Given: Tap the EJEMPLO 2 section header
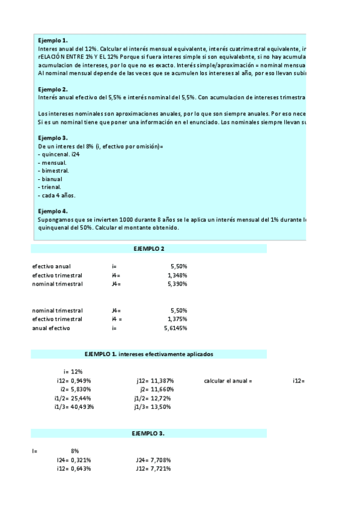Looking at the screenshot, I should tap(148, 248).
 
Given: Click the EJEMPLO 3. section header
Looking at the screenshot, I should tap(148, 434).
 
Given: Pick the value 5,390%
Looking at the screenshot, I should tap(176, 283).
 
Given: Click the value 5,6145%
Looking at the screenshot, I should tap(175, 328).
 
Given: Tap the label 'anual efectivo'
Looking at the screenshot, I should tap(51, 328).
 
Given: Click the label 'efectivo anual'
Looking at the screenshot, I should tap(51, 266).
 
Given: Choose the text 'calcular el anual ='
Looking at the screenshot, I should tap(228, 381).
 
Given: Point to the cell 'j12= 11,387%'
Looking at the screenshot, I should tap(156, 381).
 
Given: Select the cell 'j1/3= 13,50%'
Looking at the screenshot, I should tap(153, 407).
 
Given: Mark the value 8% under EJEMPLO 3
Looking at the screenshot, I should tap(75, 450).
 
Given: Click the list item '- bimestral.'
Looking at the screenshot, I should tap(53, 170).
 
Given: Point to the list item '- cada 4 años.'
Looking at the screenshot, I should tap(56, 195).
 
